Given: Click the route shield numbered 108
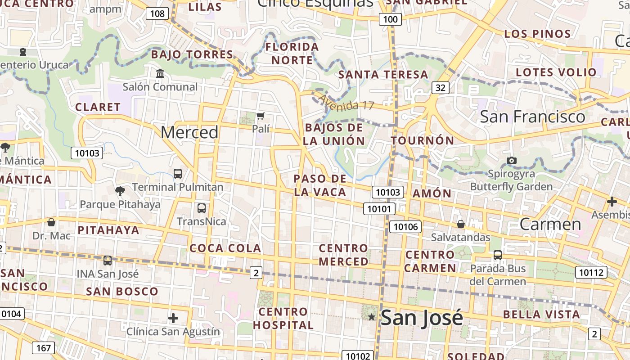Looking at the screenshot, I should point(157,13).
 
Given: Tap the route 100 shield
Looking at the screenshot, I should point(390,19).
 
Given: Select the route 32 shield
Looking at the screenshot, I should point(440,87).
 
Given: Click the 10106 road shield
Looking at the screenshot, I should point(405,226).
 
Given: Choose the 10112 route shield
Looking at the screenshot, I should point(591,272).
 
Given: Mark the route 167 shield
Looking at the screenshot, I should point(44,348).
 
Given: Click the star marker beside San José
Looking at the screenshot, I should point(371,317).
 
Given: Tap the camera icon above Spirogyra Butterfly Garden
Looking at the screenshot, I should point(511,161).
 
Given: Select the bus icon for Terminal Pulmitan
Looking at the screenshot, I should point(178,173).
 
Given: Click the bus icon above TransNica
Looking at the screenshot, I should point(202,208).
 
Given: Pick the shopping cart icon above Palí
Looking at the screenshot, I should point(261,116).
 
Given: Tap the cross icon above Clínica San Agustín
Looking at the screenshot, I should point(173,319).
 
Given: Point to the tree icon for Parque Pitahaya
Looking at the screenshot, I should point(120,191).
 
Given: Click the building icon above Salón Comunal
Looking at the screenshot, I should point(160,73).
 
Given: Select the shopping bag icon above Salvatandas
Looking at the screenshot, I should point(460,224).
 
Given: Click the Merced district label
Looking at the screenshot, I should point(189,132).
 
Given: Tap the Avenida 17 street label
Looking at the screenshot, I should point(346,102).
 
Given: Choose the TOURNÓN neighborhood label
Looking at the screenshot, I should point(423,140).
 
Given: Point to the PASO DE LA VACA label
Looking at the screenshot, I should point(320,185).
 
